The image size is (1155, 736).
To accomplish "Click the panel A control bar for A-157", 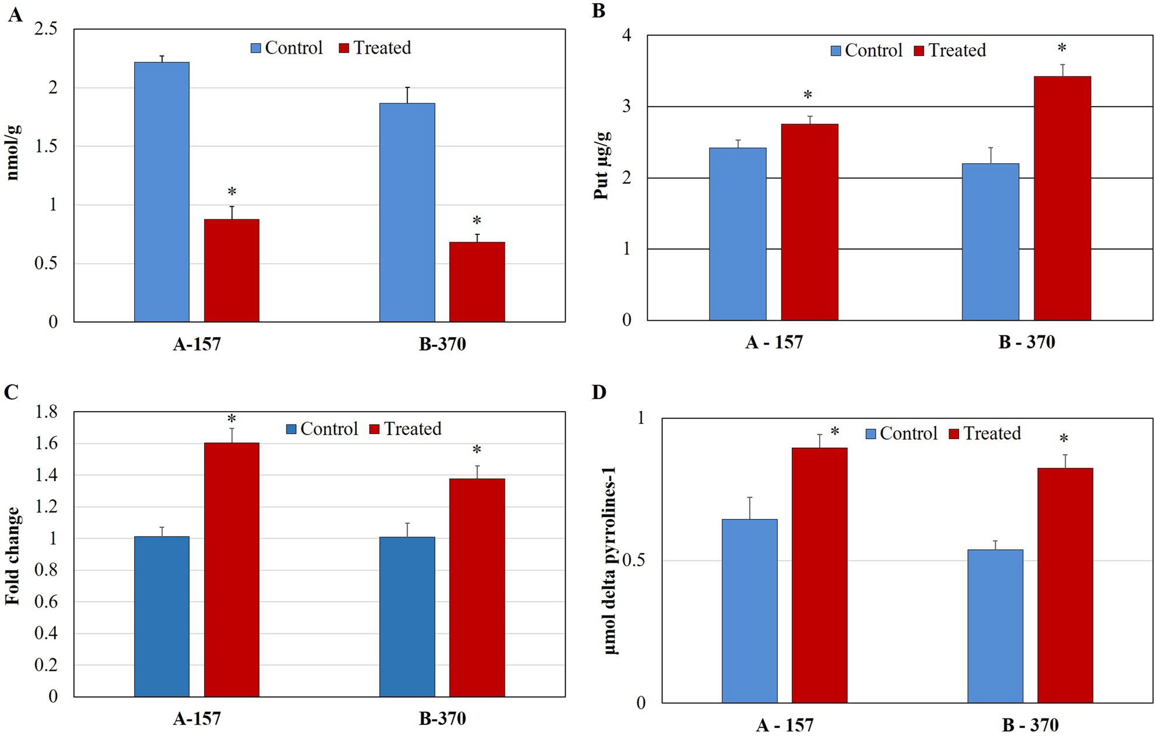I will click(x=162, y=192).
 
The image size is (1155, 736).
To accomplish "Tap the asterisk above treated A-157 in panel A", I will click(x=231, y=192).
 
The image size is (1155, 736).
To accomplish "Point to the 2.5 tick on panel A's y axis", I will click(x=46, y=29).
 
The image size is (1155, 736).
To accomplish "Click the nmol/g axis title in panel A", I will click(x=13, y=153).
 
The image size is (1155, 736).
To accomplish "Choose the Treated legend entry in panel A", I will click(x=375, y=48).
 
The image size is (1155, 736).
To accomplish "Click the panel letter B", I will click(x=598, y=11).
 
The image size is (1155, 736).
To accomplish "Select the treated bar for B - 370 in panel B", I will click(x=1062, y=198).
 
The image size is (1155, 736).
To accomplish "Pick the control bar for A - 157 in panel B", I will click(x=738, y=234).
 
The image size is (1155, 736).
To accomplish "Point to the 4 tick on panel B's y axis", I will click(x=627, y=36).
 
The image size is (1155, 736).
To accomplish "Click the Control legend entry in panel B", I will click(x=866, y=51).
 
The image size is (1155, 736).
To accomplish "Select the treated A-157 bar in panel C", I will click(x=231, y=569).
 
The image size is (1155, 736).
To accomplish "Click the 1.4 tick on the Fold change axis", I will click(x=46, y=475).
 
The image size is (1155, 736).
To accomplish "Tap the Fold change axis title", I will click(x=13, y=555).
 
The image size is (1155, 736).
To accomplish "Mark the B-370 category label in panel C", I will click(x=442, y=719).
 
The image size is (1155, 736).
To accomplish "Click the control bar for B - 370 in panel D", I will click(x=995, y=626).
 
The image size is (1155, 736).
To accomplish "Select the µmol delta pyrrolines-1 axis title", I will click(x=610, y=560).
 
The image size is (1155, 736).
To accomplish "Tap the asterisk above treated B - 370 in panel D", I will click(x=1064, y=439).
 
